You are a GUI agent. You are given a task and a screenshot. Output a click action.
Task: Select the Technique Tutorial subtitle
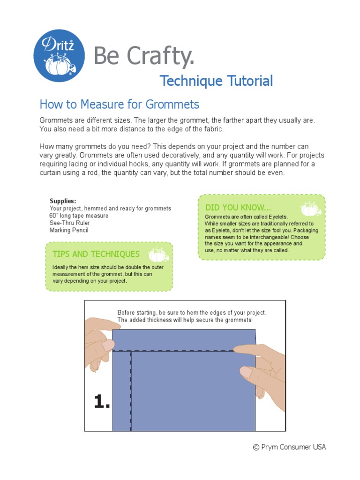[216, 81]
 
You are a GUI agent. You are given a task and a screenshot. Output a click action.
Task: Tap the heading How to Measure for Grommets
[120, 104]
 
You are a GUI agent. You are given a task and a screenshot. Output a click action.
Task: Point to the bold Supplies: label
[63, 201]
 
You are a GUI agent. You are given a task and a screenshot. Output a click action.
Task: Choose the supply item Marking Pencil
[69, 230]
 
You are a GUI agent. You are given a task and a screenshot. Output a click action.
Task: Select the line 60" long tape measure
[79, 216]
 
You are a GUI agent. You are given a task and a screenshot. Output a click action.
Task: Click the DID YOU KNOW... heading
[238, 207]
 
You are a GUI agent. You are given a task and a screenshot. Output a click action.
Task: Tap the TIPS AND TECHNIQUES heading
[96, 254]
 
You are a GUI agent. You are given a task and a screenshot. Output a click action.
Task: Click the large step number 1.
[102, 401]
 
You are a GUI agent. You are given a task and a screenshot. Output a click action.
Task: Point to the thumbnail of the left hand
[108, 345]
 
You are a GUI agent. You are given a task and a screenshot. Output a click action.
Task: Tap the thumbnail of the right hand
[246, 373]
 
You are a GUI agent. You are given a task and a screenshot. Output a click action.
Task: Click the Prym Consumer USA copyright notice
[289, 447]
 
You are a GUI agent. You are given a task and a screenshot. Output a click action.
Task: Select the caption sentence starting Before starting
[191, 312]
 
